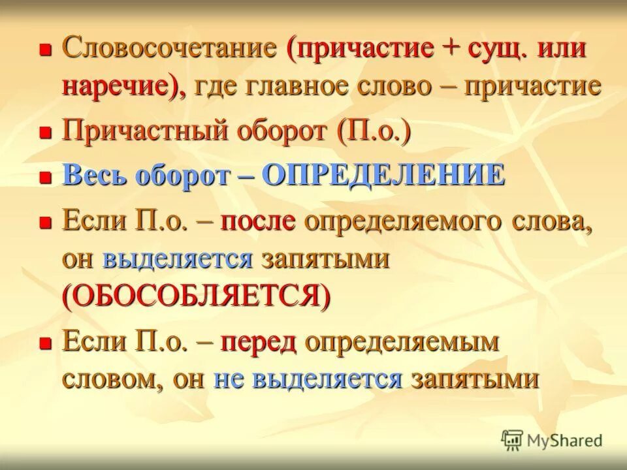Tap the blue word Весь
[x=96, y=176]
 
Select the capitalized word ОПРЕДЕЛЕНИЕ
[x=383, y=176]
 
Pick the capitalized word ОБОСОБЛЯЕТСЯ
[x=197, y=297]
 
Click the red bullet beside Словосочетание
[x=45, y=50]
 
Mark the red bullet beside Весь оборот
[x=45, y=176]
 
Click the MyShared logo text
[x=565, y=440]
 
